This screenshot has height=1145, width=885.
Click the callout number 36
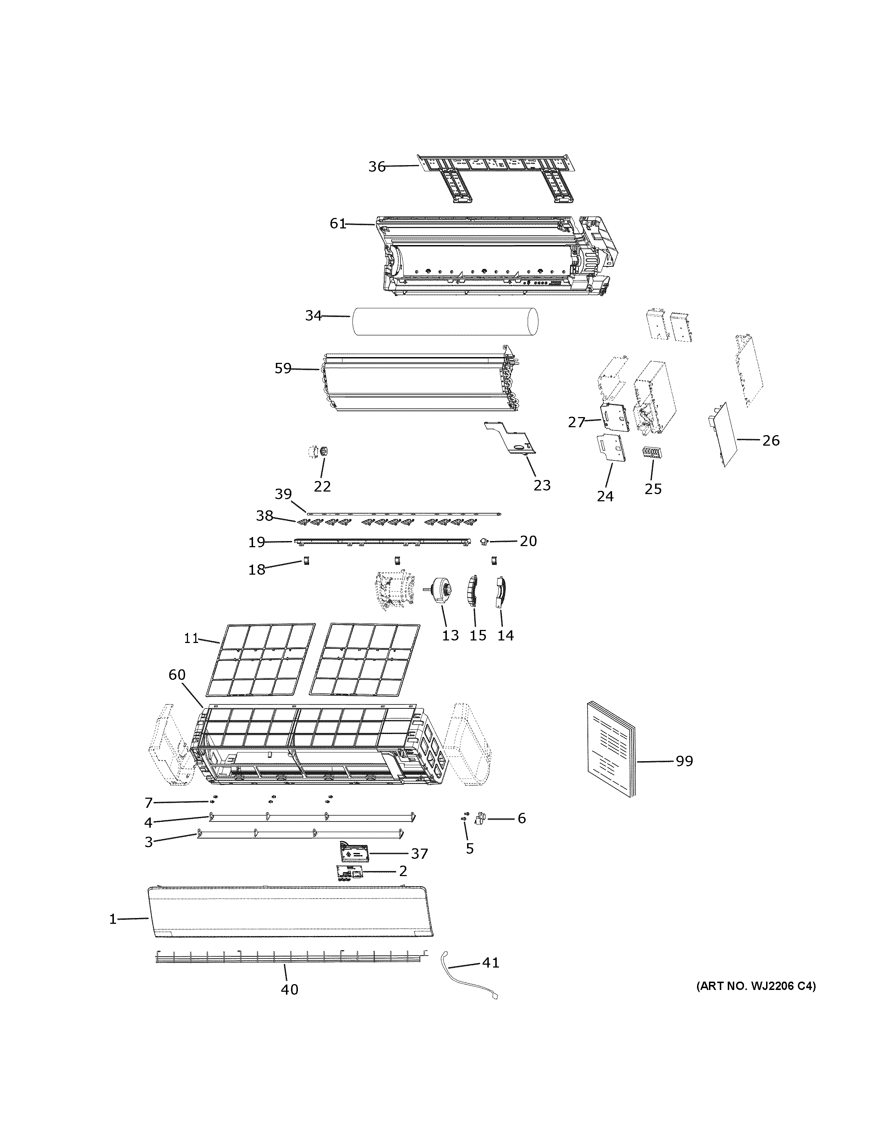tap(376, 167)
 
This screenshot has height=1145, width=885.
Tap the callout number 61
tap(338, 224)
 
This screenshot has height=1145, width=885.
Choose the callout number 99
tap(684, 761)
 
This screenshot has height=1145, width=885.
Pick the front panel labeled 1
tap(291, 912)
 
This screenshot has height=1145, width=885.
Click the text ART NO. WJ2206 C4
tap(756, 986)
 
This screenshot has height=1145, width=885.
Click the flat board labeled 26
tap(728, 434)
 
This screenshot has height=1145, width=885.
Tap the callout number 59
tap(283, 369)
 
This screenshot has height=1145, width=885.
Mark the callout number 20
tap(528, 541)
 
